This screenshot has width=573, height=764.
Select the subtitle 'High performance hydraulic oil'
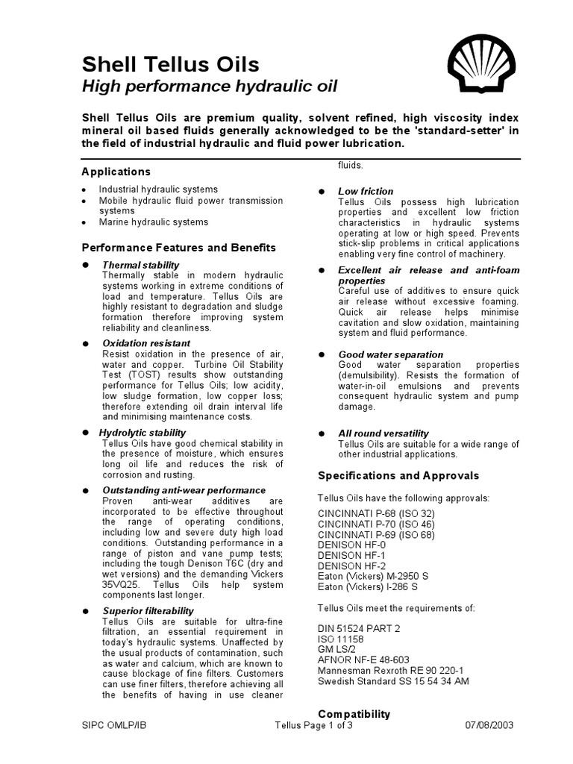tap(209, 87)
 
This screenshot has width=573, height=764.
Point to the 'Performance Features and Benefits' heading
tap(178, 248)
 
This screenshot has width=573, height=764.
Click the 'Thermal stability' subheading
tap(140, 265)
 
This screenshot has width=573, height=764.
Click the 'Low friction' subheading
tap(366, 192)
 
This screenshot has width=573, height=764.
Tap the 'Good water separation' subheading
tap(390, 354)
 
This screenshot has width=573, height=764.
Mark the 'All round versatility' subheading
tap(383, 433)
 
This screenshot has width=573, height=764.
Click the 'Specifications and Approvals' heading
tap(398, 475)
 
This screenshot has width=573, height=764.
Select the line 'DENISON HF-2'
tap(352, 566)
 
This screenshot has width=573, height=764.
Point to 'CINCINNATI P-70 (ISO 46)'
tap(376, 525)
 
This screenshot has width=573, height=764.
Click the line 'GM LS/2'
tap(338, 649)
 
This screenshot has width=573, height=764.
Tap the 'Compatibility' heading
tap(354, 714)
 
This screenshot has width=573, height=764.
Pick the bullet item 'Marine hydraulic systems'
tap(154, 222)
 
